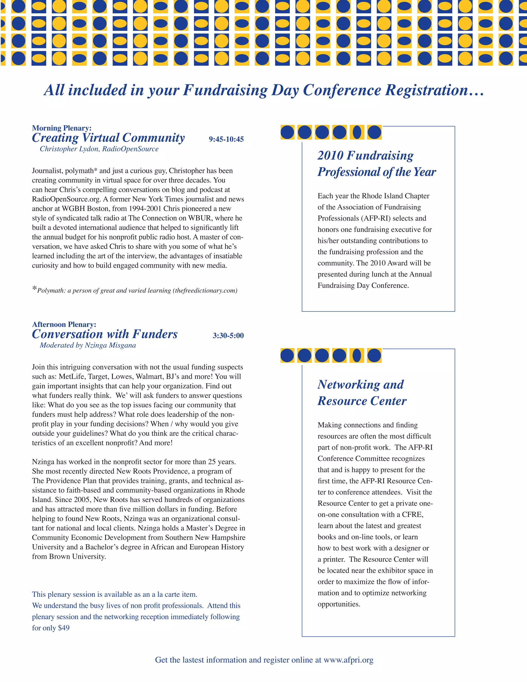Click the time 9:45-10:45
click(226, 139)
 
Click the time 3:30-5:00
click(228, 336)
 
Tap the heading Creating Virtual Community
click(108, 138)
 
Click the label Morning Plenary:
click(62, 128)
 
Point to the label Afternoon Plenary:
click(64, 325)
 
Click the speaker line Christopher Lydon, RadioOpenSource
click(99, 149)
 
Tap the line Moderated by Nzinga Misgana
click(88, 345)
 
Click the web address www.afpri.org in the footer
click(348, 660)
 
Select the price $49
click(64, 628)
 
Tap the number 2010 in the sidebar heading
click(330, 155)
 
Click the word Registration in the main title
click(434, 90)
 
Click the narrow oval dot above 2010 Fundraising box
click(357, 132)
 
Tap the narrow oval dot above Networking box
click(357, 355)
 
